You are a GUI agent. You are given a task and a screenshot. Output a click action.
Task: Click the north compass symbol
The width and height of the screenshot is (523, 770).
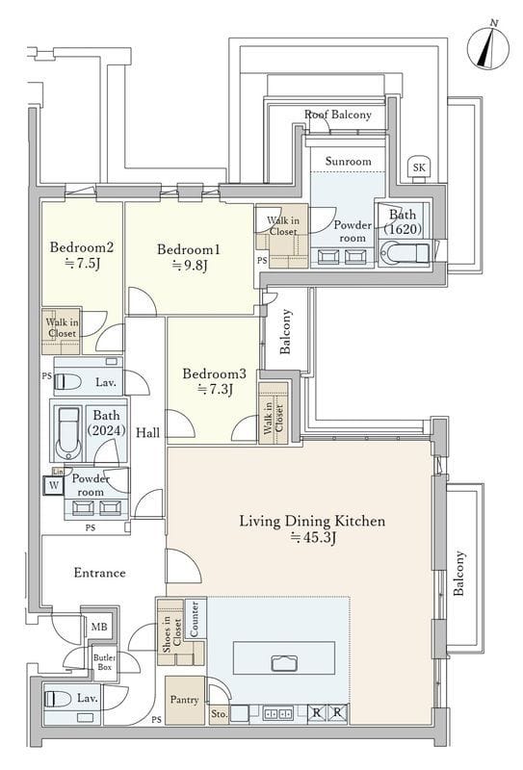tap(488, 47)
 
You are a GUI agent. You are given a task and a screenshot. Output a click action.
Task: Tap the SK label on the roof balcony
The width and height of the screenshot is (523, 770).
tap(419, 167)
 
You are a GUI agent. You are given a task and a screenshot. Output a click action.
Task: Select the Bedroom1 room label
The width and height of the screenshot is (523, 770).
tap(189, 249)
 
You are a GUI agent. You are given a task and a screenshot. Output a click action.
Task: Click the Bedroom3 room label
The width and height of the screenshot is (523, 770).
tap(214, 373)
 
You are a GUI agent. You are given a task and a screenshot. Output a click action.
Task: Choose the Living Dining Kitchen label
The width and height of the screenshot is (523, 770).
tap(312, 521)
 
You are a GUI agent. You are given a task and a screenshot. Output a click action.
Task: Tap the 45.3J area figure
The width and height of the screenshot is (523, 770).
tap(313, 538)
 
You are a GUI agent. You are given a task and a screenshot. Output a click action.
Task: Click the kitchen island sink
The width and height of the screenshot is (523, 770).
tap(284, 663)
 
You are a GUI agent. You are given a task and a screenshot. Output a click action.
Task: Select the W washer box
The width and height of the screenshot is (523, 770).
tap(54, 486)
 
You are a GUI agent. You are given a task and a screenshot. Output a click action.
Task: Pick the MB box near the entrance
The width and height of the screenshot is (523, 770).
tap(99, 628)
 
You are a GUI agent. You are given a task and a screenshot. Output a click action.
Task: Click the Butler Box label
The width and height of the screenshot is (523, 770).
tap(105, 662)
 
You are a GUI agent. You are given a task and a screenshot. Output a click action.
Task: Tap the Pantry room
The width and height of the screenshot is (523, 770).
tap(185, 700)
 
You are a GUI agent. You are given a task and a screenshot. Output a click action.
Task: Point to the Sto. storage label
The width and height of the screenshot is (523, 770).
tap(219, 714)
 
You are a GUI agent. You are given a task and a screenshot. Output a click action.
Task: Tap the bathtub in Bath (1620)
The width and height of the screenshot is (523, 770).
tap(405, 253)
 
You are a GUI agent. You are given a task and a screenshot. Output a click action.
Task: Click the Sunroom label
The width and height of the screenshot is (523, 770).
tap(348, 161)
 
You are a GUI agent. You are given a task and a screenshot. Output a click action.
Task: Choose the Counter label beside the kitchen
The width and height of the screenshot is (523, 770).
tap(194, 618)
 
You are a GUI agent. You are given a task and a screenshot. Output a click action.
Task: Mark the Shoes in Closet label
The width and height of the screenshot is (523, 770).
tap(171, 633)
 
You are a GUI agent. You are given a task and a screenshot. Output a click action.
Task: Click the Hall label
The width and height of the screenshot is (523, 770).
tap(148, 432)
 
